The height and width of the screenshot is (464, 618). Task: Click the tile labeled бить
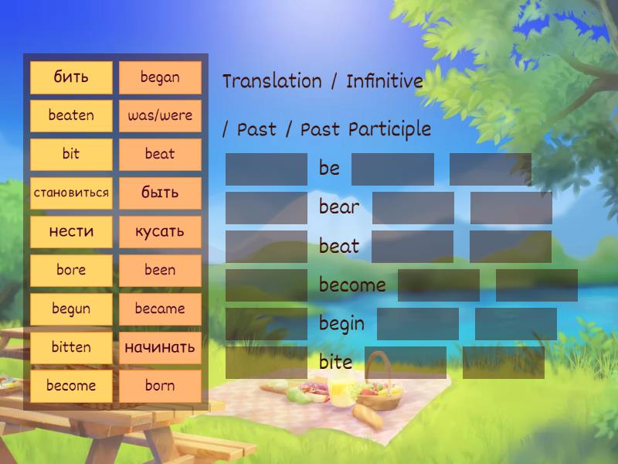[71, 77]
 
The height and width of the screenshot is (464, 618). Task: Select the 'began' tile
[160, 77]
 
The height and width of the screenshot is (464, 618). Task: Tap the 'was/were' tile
[160, 115]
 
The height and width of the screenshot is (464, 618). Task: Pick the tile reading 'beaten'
[71, 115]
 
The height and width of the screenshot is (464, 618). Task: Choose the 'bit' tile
[71, 154]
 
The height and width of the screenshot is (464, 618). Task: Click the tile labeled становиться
[71, 193]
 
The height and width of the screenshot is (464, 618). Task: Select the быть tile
[160, 193]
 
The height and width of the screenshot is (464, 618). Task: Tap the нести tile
[71, 231]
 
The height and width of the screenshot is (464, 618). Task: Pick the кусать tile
[160, 231]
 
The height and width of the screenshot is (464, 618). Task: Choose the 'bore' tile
[71, 270]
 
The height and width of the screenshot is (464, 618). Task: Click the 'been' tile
[160, 270]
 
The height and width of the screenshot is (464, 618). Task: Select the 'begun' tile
[71, 309]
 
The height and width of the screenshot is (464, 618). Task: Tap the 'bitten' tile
[71, 347]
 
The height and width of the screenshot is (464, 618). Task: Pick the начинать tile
[160, 347]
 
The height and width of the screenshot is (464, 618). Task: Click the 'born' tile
[160, 385]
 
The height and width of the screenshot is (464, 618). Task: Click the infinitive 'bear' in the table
[338, 207]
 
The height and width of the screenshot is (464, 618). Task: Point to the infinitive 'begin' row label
[341, 324]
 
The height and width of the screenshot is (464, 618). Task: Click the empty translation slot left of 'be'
[266, 169]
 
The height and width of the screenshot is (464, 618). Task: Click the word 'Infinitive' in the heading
[385, 80]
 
